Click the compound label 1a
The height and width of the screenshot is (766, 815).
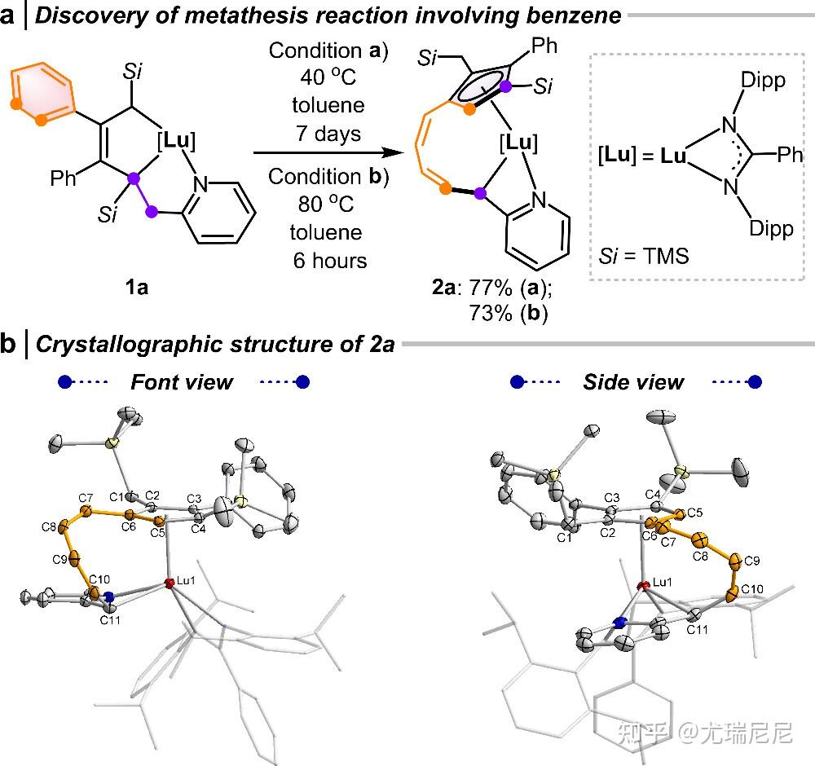(137, 287)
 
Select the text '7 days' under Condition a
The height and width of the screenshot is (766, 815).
(328, 134)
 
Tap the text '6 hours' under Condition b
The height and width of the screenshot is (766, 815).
(330, 260)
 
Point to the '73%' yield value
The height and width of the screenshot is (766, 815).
(491, 314)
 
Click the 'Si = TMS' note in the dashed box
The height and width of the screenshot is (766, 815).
(644, 256)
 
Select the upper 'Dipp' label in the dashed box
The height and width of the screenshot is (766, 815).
(763, 81)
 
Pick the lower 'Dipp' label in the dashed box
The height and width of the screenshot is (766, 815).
(771, 228)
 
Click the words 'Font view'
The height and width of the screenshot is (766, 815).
(182, 382)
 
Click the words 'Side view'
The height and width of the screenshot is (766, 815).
(633, 382)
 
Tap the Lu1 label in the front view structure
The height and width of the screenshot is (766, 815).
(186, 580)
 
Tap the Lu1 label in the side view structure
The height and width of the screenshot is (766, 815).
(662, 582)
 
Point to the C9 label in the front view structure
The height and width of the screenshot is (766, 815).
(59, 560)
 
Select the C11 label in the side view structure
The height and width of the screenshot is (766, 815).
(697, 630)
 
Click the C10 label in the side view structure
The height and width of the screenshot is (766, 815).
(752, 589)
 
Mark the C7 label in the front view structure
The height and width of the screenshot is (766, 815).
(86, 499)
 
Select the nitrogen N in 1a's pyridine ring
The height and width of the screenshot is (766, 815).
(200, 184)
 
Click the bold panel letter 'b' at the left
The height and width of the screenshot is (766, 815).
(8, 344)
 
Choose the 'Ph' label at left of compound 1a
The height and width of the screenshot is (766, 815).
(63, 178)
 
